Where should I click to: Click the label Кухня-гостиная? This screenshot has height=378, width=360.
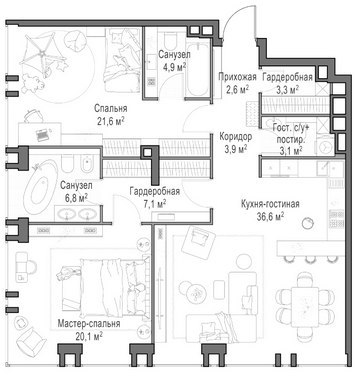point(270,204)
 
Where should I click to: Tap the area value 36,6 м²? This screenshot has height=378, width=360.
point(270,217)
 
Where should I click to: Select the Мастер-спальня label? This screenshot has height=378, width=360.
point(89,324)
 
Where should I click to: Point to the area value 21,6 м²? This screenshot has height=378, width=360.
point(111,121)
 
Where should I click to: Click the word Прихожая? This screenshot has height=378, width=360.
point(237,77)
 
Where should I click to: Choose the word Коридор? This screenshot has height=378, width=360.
point(236,136)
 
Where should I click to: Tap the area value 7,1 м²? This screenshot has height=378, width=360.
point(155,204)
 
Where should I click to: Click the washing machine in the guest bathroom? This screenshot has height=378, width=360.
point(324,145)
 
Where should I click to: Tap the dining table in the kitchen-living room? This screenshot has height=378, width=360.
point(304,307)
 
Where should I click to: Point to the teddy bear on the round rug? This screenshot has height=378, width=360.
point(33,82)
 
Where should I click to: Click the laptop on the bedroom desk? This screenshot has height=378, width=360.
point(42,135)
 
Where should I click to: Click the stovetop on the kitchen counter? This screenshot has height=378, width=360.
point(336,219)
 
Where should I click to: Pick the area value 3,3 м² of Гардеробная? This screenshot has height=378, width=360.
point(287,90)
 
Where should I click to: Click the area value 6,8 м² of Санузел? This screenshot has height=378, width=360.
point(76,198)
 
